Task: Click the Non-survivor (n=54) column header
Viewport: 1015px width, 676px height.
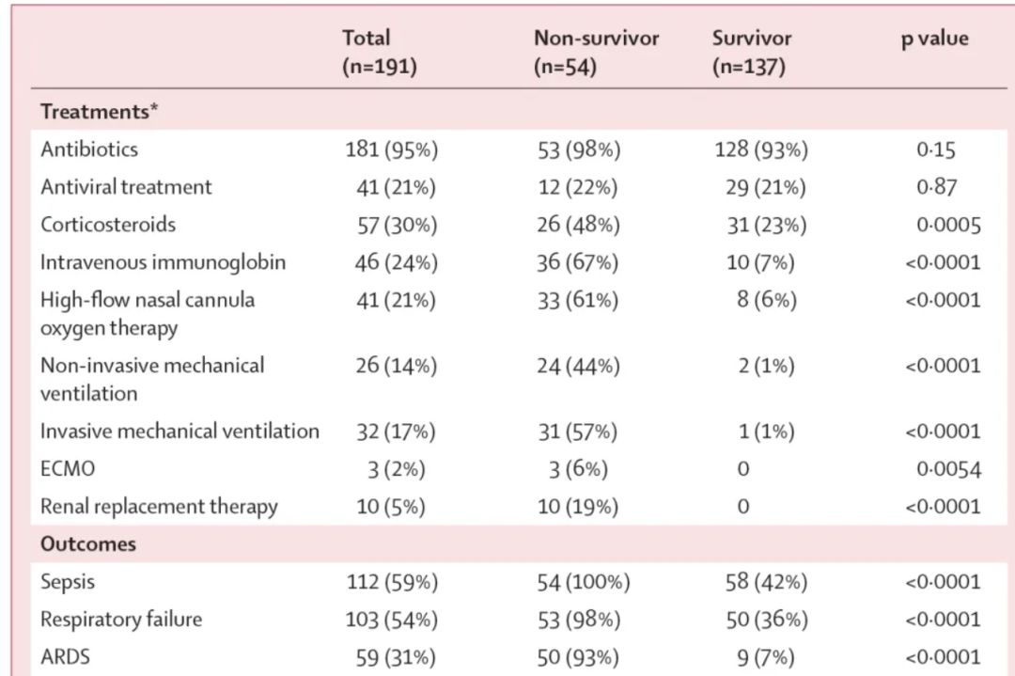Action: (596, 52)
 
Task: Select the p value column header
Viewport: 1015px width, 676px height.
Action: (935, 39)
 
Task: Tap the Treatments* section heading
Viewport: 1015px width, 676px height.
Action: (99, 111)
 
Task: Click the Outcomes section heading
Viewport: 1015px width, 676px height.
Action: (88, 544)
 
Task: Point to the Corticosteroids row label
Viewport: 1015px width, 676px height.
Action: (108, 225)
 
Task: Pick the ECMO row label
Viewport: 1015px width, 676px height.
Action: (68, 468)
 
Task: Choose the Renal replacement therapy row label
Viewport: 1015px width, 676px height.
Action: (159, 507)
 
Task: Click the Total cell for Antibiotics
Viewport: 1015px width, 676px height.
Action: (392, 149)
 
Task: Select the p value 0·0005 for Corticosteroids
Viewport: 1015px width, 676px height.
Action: (949, 225)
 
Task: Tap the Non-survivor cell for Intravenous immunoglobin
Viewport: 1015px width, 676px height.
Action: (577, 262)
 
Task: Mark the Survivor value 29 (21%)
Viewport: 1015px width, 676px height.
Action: (766, 187)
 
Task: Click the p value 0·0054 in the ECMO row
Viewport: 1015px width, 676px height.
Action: (949, 469)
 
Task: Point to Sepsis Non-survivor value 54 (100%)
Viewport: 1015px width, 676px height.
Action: (584, 582)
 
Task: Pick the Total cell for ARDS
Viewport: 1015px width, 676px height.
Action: (396, 657)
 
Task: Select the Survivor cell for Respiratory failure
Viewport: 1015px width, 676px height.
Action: (767, 620)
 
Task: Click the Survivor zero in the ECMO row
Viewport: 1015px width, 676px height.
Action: (743, 469)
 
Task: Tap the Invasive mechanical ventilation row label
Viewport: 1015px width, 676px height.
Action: (180, 432)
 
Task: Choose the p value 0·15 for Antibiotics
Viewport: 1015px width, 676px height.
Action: (936, 149)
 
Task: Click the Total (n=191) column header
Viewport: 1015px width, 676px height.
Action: (380, 52)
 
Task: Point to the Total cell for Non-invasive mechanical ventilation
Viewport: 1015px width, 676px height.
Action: (397, 366)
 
